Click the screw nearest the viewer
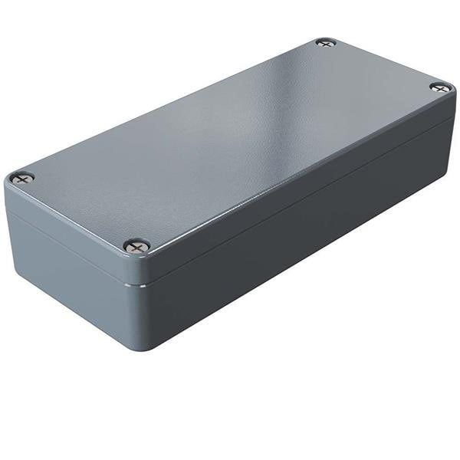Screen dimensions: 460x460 [137, 245]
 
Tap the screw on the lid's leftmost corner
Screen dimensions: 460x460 [23, 178]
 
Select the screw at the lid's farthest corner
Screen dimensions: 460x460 [326, 43]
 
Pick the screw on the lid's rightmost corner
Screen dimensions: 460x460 [440, 87]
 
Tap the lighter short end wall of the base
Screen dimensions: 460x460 [69, 261]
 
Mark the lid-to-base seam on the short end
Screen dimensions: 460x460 [69, 233]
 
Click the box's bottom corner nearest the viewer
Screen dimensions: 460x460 [142, 347]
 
